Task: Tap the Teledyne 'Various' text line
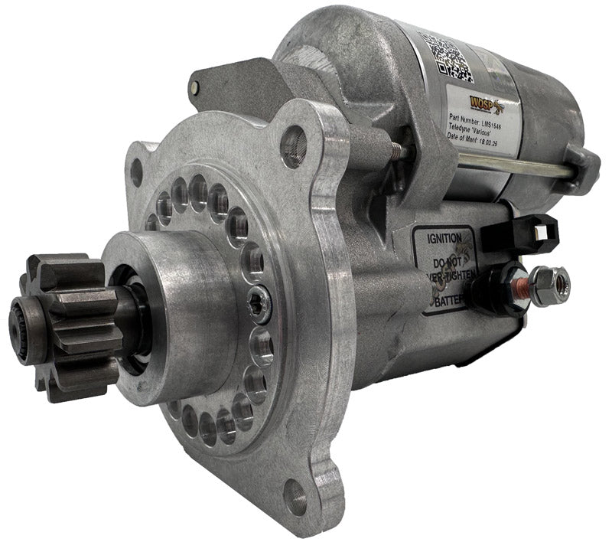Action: coord(474,131)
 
